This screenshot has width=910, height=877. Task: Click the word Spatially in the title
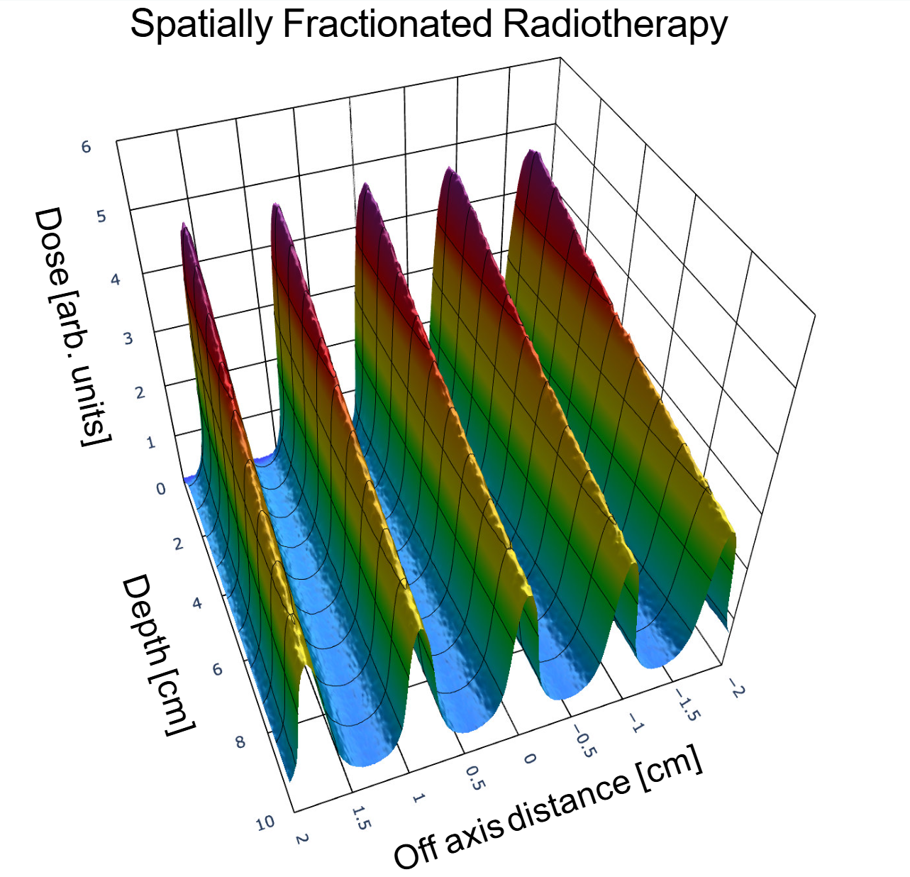pos(201,25)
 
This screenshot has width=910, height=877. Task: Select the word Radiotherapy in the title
pos(614,25)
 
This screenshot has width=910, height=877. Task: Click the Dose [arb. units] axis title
pos(70,326)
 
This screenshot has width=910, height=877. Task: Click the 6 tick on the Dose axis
pos(87,147)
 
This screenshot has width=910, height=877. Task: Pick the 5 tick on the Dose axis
pos(101,216)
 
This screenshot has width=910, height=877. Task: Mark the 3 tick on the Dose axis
pos(128,338)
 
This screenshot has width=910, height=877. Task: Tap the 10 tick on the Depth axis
pos(265,823)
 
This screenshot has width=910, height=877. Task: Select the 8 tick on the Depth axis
pos(240,742)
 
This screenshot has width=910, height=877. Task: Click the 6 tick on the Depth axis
pos(217,669)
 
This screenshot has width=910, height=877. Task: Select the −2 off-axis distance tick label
pos(736,687)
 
